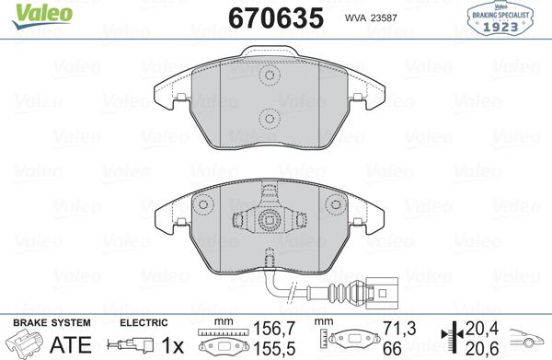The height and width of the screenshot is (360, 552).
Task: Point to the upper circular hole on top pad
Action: pyautogui.click(x=270, y=75)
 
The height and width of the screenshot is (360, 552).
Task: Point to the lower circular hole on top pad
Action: pyautogui.click(x=270, y=118)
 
